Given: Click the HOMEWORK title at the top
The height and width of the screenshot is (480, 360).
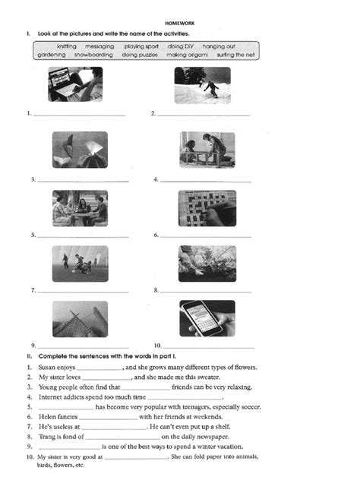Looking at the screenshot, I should [180, 24].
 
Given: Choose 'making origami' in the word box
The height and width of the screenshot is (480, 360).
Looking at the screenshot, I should [187, 55].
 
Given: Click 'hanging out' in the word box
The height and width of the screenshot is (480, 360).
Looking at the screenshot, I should [219, 46].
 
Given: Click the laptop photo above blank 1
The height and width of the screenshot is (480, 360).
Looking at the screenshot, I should [75, 84].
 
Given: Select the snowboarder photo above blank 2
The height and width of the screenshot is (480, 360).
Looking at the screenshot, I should [202, 84].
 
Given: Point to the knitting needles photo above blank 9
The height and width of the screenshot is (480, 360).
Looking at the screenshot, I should [80, 319].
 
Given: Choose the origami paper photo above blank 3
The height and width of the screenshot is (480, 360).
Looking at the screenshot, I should [80, 150].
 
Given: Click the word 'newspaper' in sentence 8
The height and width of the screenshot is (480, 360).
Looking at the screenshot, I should [199, 437].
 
